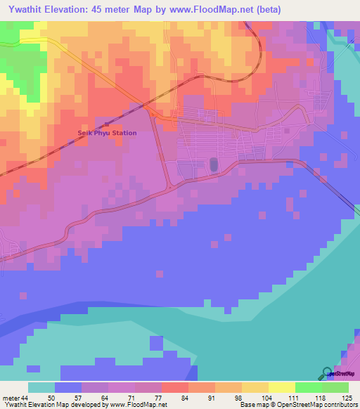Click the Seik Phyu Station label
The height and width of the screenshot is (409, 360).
tap(107, 133)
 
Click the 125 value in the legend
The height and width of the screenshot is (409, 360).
tap(347, 398)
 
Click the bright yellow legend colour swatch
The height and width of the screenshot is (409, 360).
tap(281, 387)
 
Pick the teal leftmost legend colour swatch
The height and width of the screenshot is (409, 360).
tap(41, 387)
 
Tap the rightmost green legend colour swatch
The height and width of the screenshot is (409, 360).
tap(335, 387)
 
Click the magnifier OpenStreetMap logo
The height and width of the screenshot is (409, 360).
tap(328, 373)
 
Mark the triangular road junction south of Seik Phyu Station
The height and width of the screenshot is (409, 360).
tap(169, 184)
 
